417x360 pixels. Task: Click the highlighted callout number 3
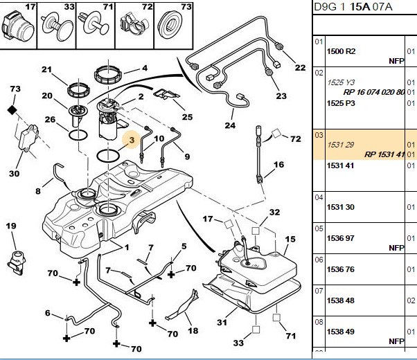click(132, 140)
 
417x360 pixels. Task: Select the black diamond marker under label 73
click(12, 110)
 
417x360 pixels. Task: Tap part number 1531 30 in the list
click(340, 207)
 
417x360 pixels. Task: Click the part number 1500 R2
click(341, 51)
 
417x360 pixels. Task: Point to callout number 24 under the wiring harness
click(230, 125)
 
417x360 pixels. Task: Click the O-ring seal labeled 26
click(78, 135)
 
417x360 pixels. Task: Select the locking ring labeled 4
click(108, 74)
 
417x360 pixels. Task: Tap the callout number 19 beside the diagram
click(11, 226)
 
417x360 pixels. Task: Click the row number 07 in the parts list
click(319, 291)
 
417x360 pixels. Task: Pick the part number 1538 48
click(340, 300)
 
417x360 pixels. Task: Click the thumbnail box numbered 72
click(134, 26)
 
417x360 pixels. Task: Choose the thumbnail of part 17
click(18, 26)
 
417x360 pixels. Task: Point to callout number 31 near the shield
click(222, 322)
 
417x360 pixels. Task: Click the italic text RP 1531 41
click(384, 154)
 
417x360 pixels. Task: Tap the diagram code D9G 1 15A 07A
click(353, 7)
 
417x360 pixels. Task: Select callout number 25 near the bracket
click(187, 117)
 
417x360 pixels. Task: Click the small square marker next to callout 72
click(276, 134)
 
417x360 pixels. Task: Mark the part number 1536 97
click(340, 238)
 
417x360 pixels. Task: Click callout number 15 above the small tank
click(290, 240)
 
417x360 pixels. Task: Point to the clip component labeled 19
click(17, 262)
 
